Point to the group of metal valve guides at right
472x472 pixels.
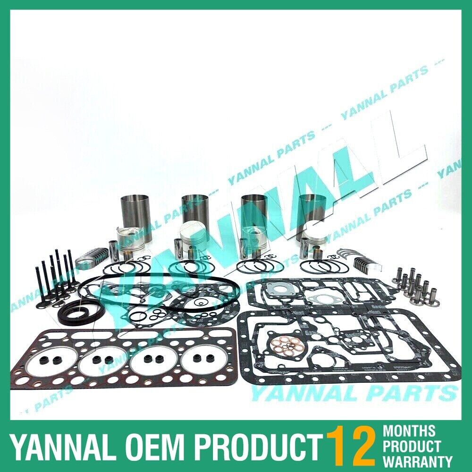point(413,283)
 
